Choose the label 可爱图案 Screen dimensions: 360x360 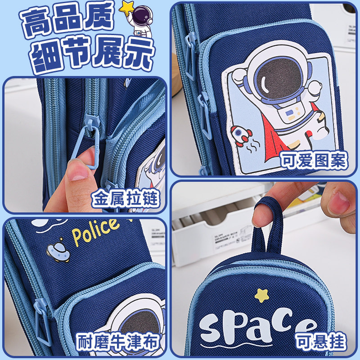(x=314, y=160)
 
